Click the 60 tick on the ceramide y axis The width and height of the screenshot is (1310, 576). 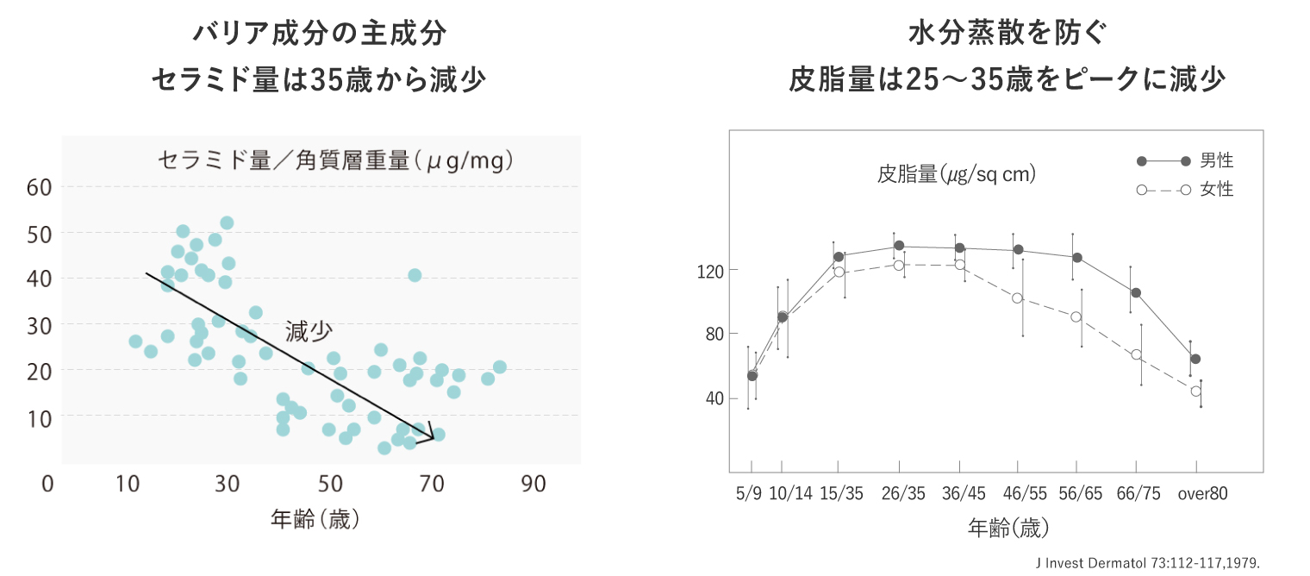(41, 186)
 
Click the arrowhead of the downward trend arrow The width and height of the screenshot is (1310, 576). (429, 434)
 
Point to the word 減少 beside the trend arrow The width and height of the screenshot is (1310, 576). (309, 332)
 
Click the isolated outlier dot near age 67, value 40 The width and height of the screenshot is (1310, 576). (415, 275)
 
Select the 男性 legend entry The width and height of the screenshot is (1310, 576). (1217, 160)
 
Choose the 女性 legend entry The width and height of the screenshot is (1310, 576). (1217, 190)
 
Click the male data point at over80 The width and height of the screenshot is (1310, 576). (1195, 359)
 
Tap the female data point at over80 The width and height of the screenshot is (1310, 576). (1196, 391)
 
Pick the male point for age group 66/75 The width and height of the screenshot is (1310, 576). (1136, 293)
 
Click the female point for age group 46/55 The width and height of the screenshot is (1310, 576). (1018, 298)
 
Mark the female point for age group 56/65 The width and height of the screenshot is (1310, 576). (1076, 317)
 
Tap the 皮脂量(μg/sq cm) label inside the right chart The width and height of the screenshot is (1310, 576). (957, 174)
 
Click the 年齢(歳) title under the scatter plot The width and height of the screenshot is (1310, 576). (315, 519)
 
